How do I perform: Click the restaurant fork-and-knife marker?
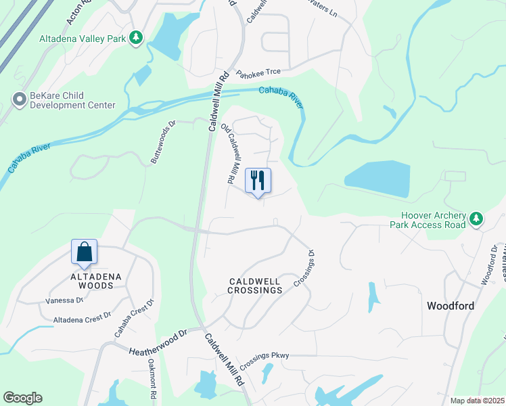click(x=257, y=181)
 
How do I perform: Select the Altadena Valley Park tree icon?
click(x=137, y=37)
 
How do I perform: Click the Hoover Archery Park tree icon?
click(x=477, y=218)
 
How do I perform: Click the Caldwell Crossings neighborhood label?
click(x=245, y=285)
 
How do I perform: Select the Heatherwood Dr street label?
click(x=158, y=342)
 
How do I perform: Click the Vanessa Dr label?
click(x=64, y=300)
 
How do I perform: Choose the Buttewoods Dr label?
click(x=162, y=141)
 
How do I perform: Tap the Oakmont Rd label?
click(x=152, y=378)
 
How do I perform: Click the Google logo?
click(x=22, y=398)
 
